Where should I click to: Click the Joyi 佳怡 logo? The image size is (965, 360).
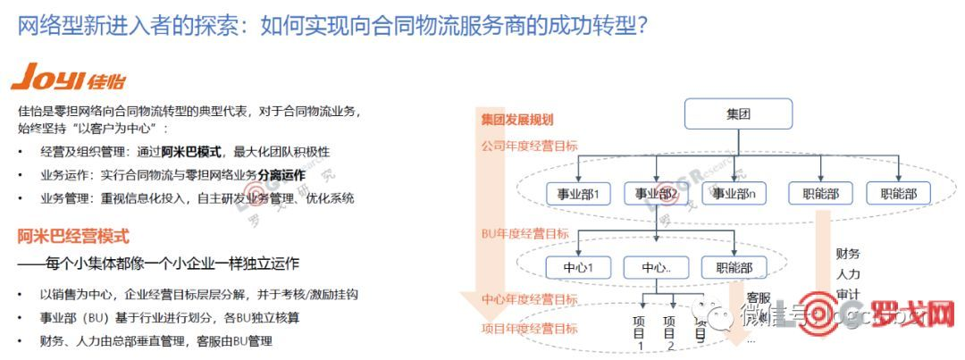tap(60, 79)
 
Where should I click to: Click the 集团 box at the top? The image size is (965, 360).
tap(738, 114)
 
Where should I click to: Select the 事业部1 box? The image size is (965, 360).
tap(578, 194)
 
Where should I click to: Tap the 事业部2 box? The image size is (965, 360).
tap(657, 194)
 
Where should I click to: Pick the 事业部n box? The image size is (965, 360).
tap(735, 194)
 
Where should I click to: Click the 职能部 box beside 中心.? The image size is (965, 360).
tap(734, 267)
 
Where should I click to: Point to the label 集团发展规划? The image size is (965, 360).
tap(517, 120)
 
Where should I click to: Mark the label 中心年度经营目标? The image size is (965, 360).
tap(530, 299)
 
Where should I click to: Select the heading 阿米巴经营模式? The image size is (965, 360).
tap(73, 237)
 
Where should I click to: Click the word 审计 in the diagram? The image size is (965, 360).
tap(848, 294)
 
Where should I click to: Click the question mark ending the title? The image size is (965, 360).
tap(640, 26)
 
